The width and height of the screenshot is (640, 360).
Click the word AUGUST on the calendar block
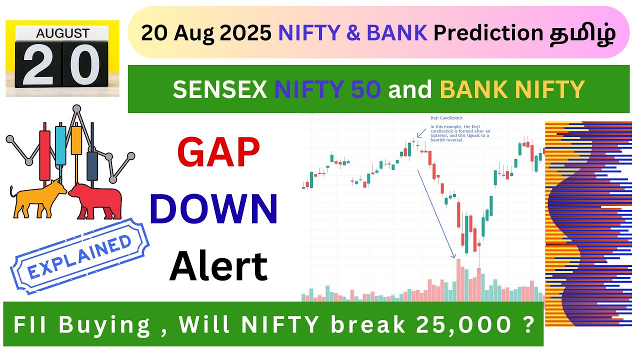pos(62,33)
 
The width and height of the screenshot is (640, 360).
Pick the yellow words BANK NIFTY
pos(512,89)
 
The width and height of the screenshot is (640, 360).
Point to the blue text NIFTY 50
pos(327,89)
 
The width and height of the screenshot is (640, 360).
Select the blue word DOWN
pos(213,209)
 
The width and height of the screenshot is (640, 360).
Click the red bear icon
pos(96,200)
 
